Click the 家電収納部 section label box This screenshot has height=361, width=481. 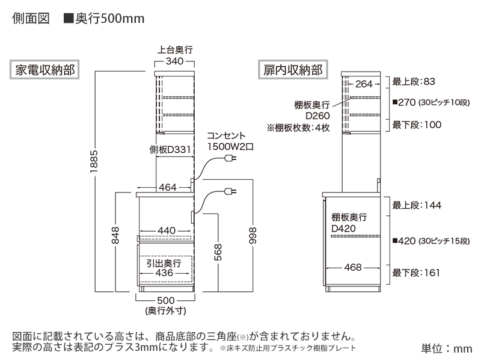pos(44,70)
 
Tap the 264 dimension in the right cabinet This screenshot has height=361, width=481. pos(364,84)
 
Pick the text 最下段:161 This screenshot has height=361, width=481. pos(417,273)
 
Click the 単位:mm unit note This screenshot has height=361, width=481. pos(447,348)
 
